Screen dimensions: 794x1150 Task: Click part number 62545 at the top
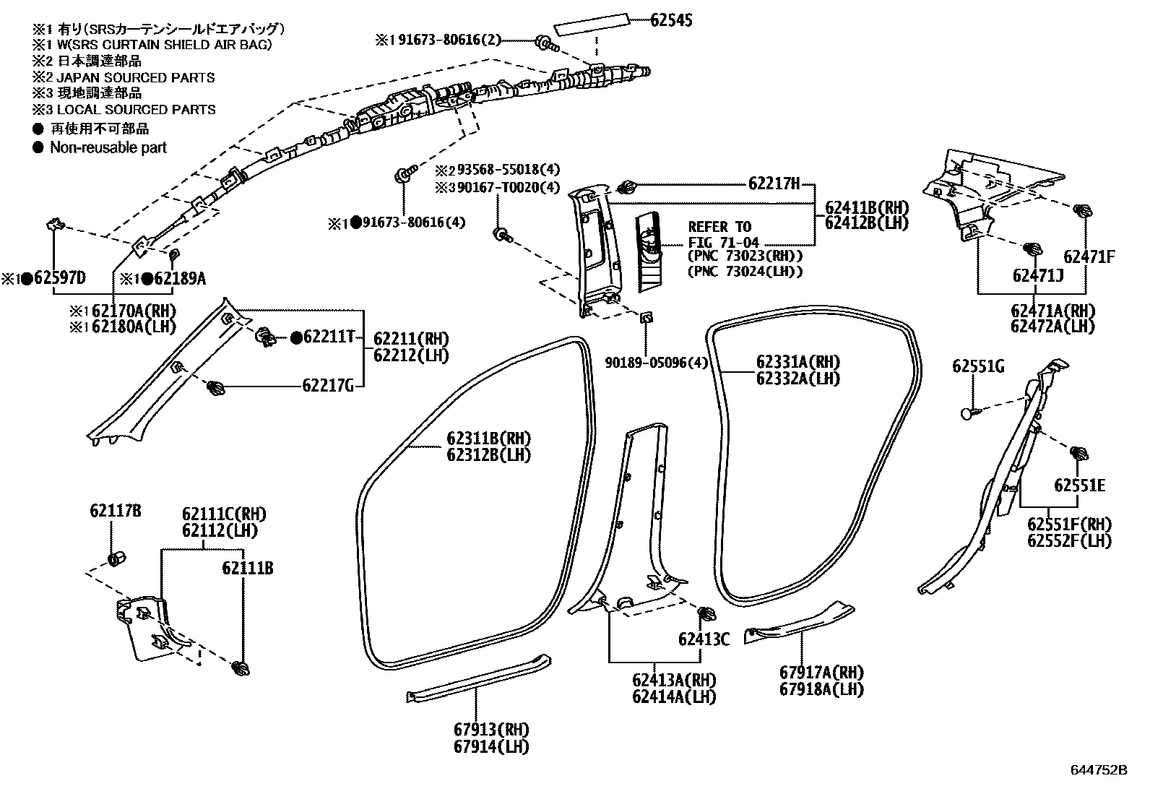point(671,20)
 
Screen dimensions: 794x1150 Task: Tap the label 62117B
point(116,512)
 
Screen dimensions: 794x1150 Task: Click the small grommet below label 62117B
point(115,560)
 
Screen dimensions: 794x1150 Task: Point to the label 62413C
point(704,639)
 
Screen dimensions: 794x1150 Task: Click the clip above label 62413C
point(707,616)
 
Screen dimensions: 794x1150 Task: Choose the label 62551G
point(978,366)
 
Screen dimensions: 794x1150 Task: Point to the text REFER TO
point(719,227)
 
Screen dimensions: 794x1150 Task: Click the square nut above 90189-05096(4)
point(646,316)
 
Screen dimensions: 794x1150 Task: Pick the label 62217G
point(328,386)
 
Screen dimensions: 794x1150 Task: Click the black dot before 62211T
point(295,337)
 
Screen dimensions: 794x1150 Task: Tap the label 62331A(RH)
point(798,362)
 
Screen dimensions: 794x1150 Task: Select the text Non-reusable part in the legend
point(108,147)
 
